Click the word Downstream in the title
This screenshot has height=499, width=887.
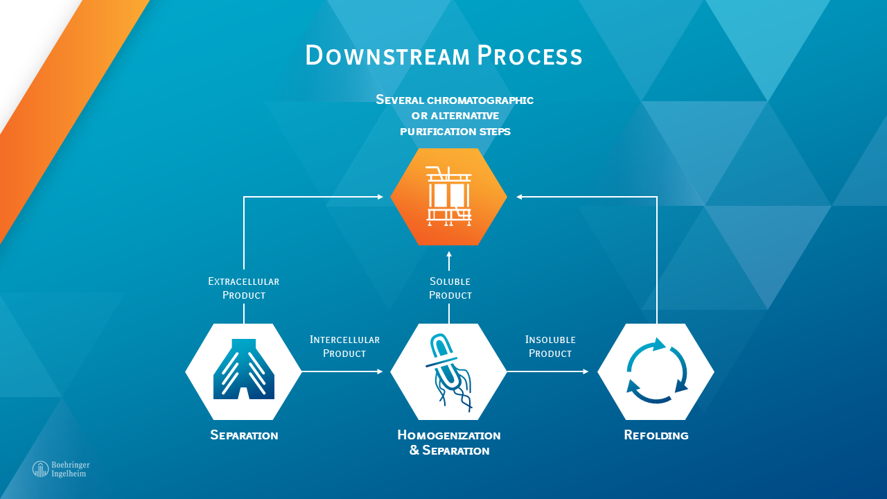pos(387,55)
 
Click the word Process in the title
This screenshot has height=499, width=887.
pos(530,55)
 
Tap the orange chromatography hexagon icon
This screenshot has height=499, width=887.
pos(448,197)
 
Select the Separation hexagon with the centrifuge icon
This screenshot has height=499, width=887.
pos(243,371)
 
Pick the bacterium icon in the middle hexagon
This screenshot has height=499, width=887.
pos(448,372)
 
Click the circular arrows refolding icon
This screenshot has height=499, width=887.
pos(656,371)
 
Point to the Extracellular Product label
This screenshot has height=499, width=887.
pos(243,288)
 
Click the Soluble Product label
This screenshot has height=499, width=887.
pos(450,288)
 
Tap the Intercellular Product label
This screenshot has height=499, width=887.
pos(344,347)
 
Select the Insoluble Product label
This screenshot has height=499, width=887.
pos(550,347)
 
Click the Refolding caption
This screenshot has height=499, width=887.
pos(656,435)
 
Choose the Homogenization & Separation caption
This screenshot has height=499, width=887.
pos(449,442)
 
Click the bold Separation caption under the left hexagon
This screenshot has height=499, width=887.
pos(244,435)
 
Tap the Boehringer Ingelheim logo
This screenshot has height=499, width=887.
pos(61,469)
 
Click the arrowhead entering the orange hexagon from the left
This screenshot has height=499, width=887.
pos(380,197)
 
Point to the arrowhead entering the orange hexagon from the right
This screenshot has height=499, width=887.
pos(520,197)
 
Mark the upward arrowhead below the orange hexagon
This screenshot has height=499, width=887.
pos(448,254)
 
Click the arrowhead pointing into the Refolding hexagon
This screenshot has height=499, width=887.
pos(586,371)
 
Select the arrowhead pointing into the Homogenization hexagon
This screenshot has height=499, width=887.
pos(380,371)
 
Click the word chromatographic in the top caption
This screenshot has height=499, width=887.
pos(480,100)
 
